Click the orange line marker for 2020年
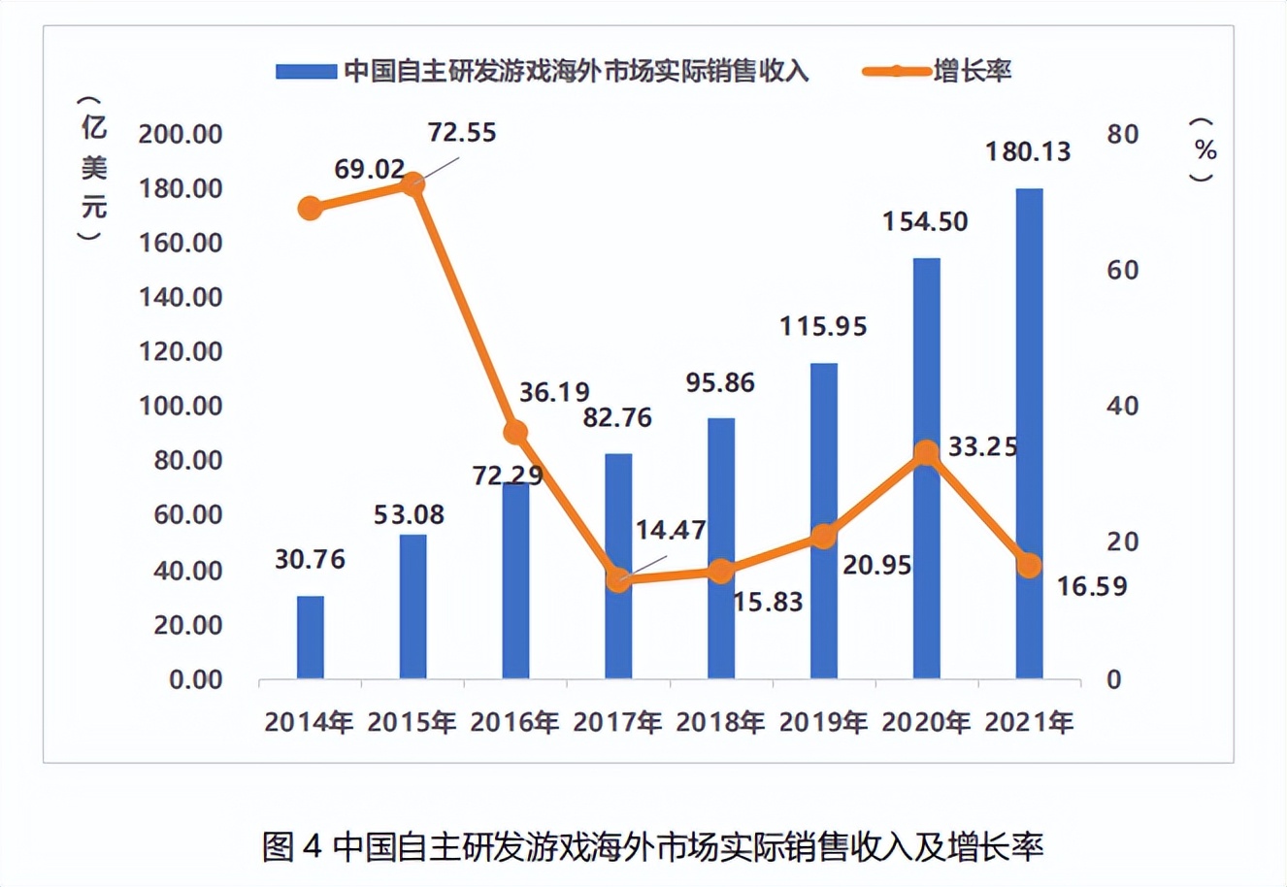click(927, 453)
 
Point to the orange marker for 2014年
click(310, 208)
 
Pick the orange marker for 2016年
click(515, 433)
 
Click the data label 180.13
click(1028, 151)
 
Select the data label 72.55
click(462, 132)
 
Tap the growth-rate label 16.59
click(1093, 586)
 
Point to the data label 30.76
click(310, 560)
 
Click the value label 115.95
click(823, 326)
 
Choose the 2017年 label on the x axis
click(617, 723)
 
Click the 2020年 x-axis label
click(926, 723)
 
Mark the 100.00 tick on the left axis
click(181, 406)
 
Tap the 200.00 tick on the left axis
click(181, 133)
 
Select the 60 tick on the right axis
click(1123, 270)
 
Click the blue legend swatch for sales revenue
click(306, 72)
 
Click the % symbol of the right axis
click(1205, 150)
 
